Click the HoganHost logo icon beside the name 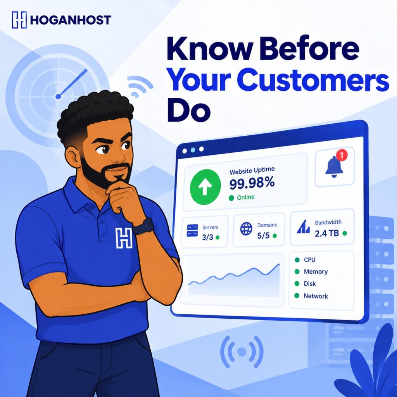tap(19, 20)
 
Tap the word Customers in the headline tap(313, 79)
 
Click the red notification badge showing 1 tap(342, 155)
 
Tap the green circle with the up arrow tap(205, 187)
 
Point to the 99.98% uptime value tap(252, 183)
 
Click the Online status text tap(245, 197)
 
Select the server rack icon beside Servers tap(192, 230)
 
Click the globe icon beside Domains tap(246, 229)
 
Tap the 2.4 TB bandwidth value tap(326, 233)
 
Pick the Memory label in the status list tap(316, 272)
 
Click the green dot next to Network tap(297, 295)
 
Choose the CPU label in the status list tap(309, 260)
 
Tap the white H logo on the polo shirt tap(124, 238)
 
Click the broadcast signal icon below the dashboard tap(242, 351)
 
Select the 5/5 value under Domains tap(263, 236)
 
